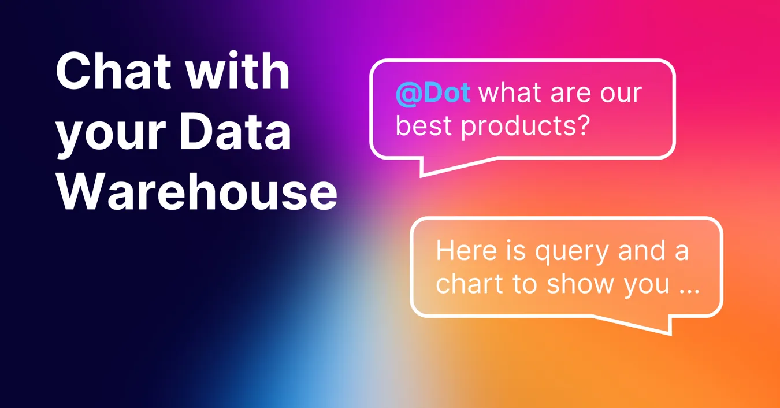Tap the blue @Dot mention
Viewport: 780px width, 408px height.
[433, 94]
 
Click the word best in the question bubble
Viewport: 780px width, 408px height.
[425, 125]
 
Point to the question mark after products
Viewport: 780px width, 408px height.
[581, 125]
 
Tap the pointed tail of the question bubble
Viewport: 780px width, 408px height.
[425, 170]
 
